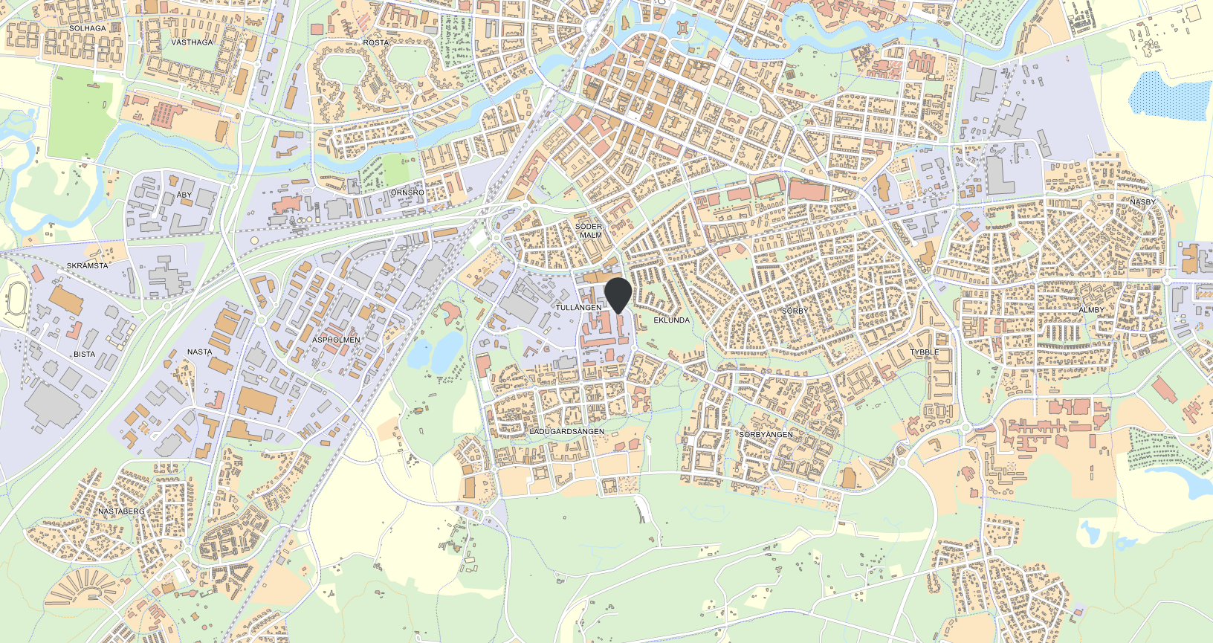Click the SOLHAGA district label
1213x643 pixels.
[x=88, y=28]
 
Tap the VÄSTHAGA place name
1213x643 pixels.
[x=192, y=42]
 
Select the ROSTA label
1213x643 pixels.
[x=376, y=42]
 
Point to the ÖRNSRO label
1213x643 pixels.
[x=407, y=193]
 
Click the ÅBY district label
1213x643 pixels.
[x=184, y=195]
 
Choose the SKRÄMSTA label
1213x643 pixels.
[x=88, y=265]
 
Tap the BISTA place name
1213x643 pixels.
[x=84, y=354]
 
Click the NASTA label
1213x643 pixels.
[x=199, y=352]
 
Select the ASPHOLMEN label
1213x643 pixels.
[x=336, y=340]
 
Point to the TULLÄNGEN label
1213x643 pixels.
[x=578, y=307]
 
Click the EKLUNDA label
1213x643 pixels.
[x=671, y=320]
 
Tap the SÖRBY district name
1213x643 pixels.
[x=795, y=311]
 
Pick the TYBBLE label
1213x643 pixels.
[x=925, y=352]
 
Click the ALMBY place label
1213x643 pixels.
[x=1091, y=310]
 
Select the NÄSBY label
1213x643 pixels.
[x=1142, y=202]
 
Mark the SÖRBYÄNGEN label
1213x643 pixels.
[x=766, y=434]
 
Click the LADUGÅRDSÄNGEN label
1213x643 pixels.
[x=566, y=431]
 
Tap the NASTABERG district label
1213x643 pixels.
[x=122, y=511]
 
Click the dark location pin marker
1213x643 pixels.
[x=618, y=294]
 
